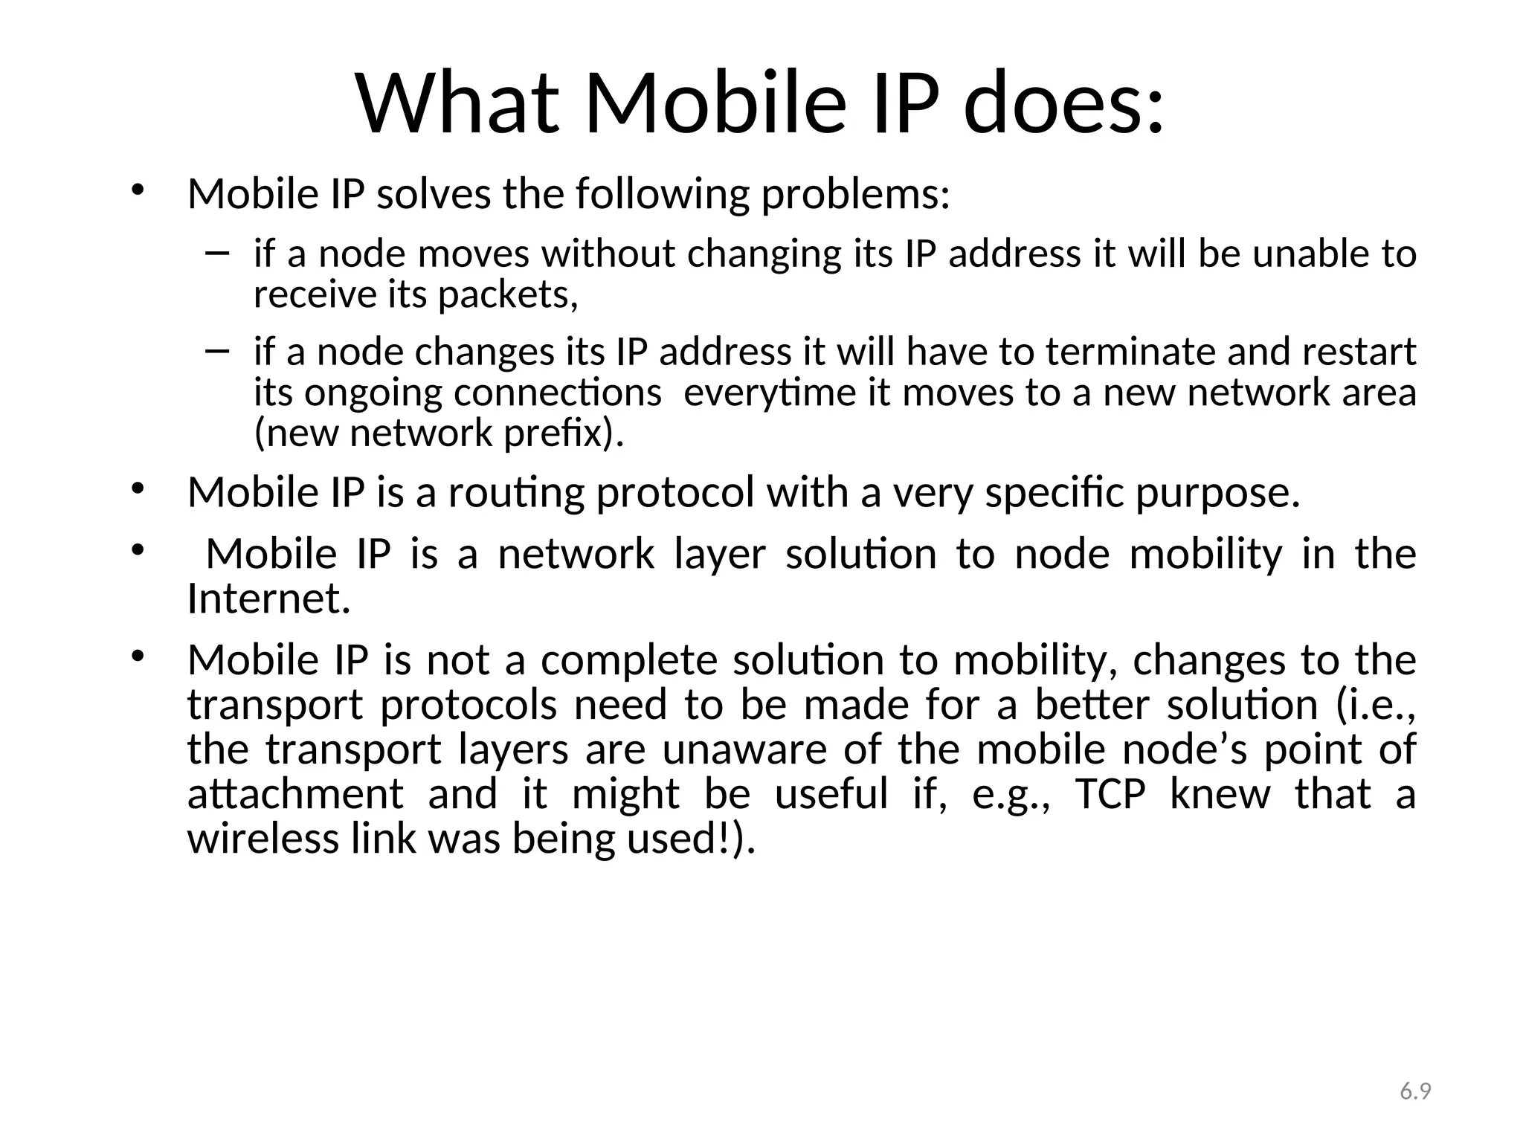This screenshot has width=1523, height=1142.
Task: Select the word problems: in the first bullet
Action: pyautogui.click(x=855, y=195)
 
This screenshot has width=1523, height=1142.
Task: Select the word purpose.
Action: pyautogui.click(x=1218, y=494)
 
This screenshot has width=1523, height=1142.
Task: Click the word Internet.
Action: pyautogui.click(x=268, y=599)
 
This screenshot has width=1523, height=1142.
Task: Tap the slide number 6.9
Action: pyautogui.click(x=1415, y=1091)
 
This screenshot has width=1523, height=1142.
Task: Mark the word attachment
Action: pyautogui.click(x=295, y=794)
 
